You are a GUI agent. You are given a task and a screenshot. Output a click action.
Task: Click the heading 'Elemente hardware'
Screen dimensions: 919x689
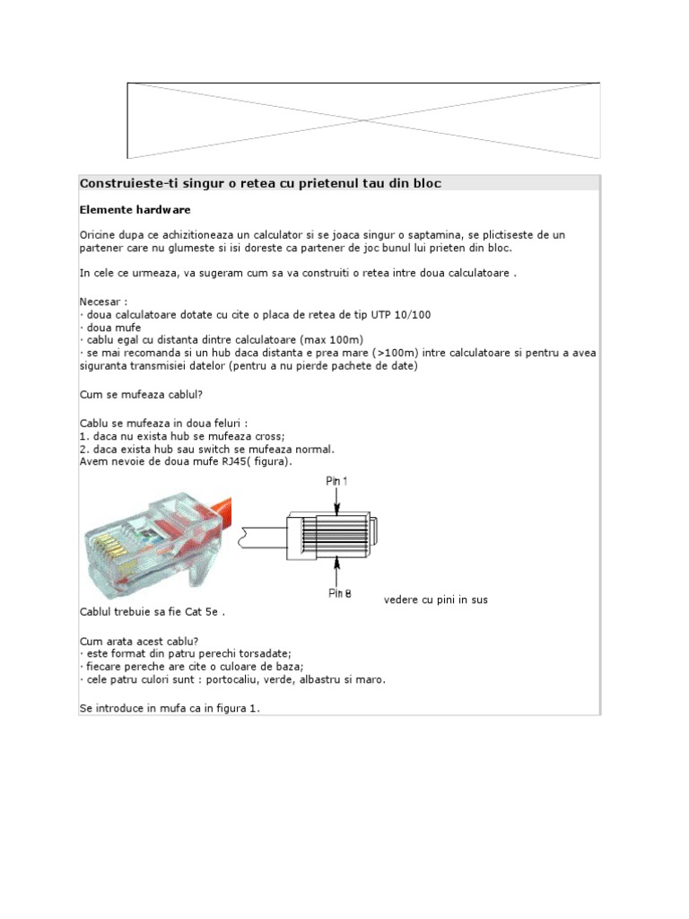pos(135,210)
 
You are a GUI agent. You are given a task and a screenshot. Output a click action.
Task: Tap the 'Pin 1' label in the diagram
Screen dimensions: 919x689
pos(337,481)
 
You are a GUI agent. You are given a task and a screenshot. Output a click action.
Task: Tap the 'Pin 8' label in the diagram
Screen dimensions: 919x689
pos(338,593)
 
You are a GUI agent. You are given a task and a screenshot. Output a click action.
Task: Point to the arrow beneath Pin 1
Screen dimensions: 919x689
pos(336,503)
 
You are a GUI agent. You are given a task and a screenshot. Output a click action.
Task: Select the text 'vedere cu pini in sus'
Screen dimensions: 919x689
pos(436,600)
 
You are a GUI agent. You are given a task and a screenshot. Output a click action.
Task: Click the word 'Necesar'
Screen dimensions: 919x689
pos(100,302)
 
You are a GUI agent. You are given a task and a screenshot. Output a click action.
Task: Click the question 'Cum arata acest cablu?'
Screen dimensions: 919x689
pos(139,641)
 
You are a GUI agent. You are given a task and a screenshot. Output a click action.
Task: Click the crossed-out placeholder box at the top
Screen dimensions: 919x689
pos(363,120)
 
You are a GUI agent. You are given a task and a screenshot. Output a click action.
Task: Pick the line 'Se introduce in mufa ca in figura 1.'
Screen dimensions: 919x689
pos(169,708)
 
